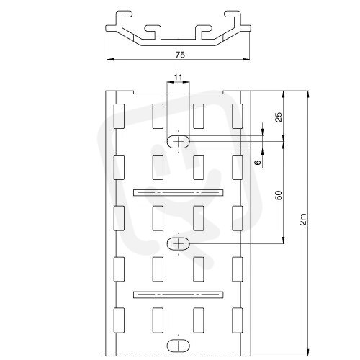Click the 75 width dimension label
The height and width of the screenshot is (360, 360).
pos(180,55)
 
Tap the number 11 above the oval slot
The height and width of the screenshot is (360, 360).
pos(178,77)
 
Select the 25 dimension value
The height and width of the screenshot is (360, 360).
pos(279,117)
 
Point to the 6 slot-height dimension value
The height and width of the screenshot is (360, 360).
pos(258,163)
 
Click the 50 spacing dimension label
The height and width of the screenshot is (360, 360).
pos(279,195)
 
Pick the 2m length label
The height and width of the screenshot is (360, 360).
pos(303,219)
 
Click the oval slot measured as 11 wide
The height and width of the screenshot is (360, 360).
pos(178,142)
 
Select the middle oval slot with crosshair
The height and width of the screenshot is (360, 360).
pos(178,244)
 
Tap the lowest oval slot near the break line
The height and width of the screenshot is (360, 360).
pos(178,346)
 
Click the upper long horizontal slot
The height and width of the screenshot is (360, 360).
pos(179,192)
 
